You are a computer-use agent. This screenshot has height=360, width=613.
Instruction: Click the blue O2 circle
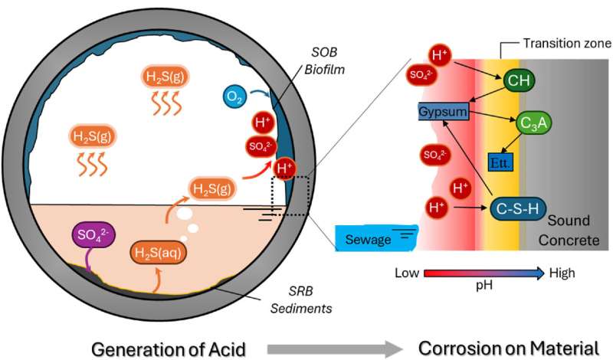click(234, 97)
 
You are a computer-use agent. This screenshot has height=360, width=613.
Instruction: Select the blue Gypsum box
click(442, 113)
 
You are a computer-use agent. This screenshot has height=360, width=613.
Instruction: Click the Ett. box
click(500, 163)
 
